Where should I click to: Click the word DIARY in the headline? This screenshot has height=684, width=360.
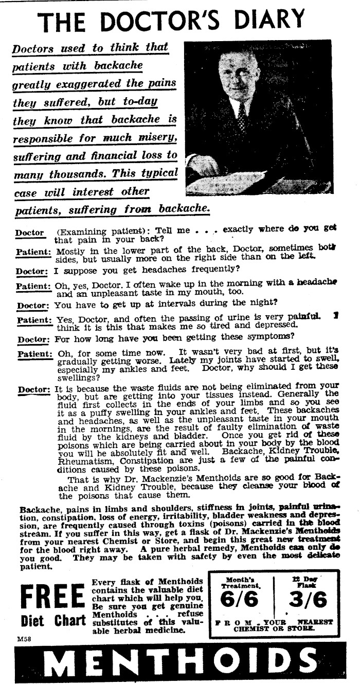tap(268, 19)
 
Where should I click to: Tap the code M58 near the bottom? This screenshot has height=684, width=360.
tap(24, 638)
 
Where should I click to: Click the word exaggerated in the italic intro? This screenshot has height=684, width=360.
tap(89, 83)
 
